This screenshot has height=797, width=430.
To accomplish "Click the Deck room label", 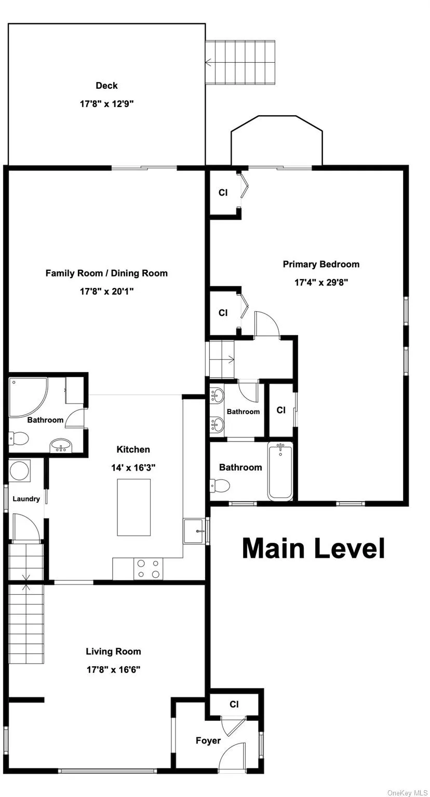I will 106,86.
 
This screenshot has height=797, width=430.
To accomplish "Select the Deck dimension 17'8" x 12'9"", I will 106,104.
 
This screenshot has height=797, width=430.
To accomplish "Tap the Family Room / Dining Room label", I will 106,273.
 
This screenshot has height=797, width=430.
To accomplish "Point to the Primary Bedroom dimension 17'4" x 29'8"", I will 321,283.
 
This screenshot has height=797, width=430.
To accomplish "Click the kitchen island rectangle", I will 133,507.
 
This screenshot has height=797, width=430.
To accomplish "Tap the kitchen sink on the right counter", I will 193,530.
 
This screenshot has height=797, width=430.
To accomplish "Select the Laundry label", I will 26,499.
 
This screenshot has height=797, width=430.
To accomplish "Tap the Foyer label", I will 208,740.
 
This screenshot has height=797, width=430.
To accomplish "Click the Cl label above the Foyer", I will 234,704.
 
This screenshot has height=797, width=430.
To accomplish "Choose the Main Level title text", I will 313,548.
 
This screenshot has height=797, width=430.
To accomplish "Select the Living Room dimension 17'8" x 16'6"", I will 113,669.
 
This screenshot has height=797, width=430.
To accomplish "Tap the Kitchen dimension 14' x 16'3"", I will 133,468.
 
